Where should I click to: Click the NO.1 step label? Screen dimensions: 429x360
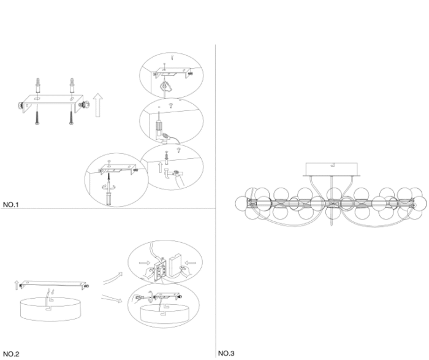click(10, 204)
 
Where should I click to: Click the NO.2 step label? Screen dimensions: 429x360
click(11, 354)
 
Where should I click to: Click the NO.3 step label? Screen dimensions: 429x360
click(226, 353)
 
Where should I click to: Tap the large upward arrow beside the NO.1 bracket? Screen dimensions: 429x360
click(98, 105)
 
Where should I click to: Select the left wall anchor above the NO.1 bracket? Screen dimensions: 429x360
click(38, 86)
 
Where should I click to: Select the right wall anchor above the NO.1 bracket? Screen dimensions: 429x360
click(72, 86)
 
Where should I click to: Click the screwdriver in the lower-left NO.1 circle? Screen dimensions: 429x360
click(109, 191)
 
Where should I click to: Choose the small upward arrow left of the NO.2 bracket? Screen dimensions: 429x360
click(17, 285)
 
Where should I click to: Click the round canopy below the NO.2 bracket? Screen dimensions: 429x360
click(51, 309)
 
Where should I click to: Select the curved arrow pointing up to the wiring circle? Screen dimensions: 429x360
click(112, 278)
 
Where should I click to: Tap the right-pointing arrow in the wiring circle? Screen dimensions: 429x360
click(145, 263)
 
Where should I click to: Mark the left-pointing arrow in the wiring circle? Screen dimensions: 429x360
click(191, 263)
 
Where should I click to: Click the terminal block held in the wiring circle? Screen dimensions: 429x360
click(161, 269)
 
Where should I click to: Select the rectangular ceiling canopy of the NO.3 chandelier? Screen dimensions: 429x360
click(332, 169)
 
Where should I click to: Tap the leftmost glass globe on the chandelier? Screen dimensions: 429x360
click(243, 204)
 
